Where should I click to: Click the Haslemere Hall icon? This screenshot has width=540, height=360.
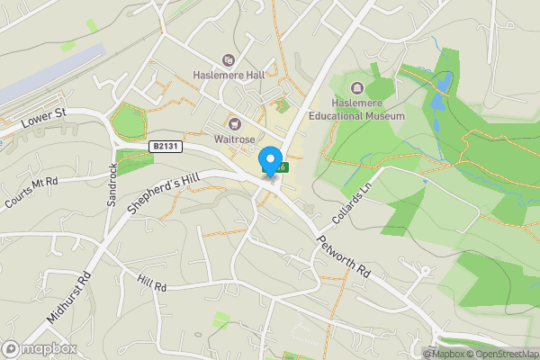click(x=229, y=60)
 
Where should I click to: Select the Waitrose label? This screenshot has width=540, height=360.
click(x=236, y=139)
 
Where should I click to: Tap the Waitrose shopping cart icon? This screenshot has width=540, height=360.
click(x=236, y=124)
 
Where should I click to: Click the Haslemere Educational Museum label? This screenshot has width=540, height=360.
click(x=357, y=109)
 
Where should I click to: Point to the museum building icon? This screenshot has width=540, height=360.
click(x=357, y=88)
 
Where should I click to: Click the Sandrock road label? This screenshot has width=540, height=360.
click(x=113, y=184)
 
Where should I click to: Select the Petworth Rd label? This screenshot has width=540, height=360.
click(x=343, y=256)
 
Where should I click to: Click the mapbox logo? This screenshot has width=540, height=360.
click(x=39, y=348)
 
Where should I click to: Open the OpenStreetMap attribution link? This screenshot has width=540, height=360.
click(x=504, y=353)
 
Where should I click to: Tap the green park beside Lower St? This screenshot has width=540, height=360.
click(x=127, y=121)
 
